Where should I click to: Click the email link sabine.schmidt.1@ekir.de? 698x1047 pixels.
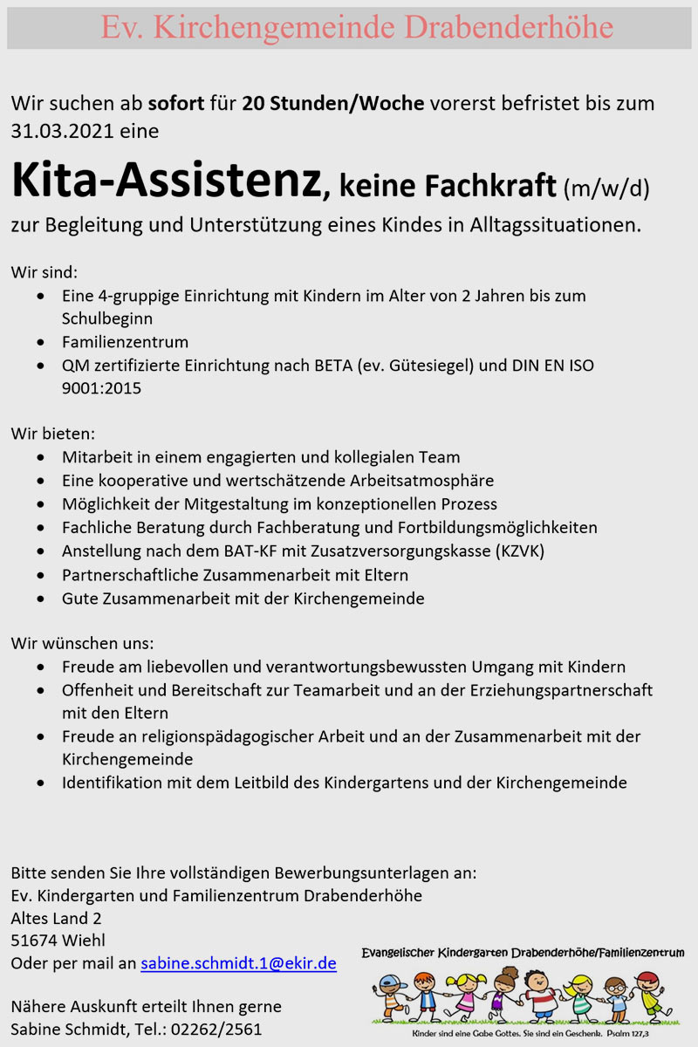point(238,964)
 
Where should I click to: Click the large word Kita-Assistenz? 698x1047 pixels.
point(166,181)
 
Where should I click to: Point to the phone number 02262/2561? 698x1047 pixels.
point(218,1030)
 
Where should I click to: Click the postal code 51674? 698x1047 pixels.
point(34,941)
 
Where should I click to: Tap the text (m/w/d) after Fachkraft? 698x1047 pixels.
point(606,187)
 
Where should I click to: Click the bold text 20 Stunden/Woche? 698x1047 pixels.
point(333,103)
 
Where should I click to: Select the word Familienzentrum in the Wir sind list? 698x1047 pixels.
point(125,342)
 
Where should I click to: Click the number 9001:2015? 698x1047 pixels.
point(101,388)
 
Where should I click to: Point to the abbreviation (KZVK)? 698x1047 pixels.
point(510,551)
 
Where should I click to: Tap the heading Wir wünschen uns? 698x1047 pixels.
point(82,644)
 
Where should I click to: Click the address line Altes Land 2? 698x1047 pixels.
point(56,918)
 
